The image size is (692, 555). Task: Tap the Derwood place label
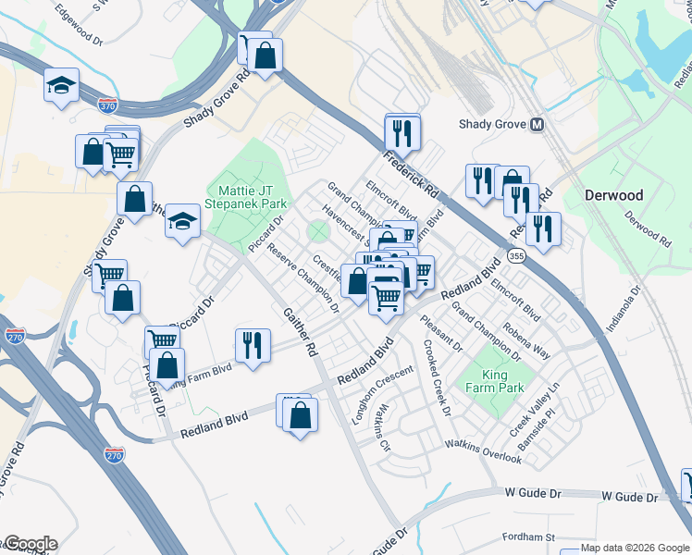[x=613, y=195]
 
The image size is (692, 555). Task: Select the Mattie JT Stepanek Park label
[x=246, y=196]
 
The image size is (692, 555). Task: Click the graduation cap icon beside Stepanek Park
[x=183, y=221]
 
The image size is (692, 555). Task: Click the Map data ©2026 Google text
[x=635, y=548]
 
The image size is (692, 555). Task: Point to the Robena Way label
[x=526, y=340]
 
